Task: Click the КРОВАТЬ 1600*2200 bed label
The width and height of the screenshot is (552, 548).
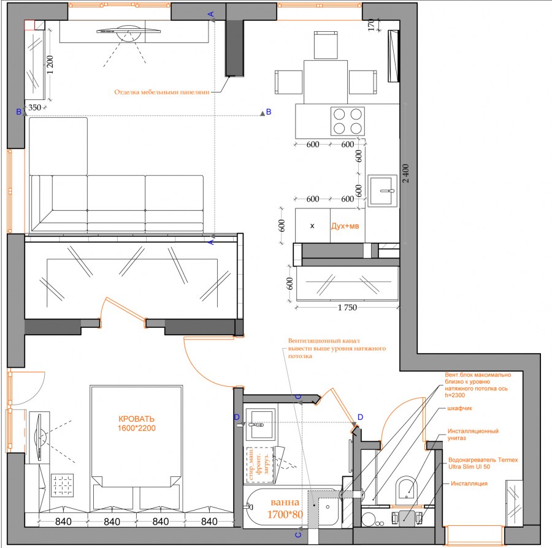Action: coord(137,424)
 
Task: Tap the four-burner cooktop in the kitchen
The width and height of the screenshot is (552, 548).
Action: coord(348,121)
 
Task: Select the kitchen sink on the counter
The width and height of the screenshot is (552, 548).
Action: coord(382,191)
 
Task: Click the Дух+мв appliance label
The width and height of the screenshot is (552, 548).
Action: coord(345,226)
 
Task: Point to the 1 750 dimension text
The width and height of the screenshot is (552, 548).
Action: coord(347,308)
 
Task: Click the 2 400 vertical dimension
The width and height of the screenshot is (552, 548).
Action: coord(406,173)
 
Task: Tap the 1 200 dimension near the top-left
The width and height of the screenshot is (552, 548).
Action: coord(50,65)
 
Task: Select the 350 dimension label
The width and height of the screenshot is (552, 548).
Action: coord(34,107)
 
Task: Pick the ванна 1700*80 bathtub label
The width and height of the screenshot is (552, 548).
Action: coord(285,508)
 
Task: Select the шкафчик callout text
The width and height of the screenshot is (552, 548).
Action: coord(459,408)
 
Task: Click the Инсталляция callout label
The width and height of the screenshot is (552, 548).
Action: coord(469,484)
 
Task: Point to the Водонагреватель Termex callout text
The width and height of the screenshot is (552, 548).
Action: coord(483,460)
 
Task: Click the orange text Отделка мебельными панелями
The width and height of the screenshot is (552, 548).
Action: coord(162,92)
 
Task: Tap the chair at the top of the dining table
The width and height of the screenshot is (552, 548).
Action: coord(326,45)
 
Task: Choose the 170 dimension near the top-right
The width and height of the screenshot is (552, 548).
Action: coord(371,25)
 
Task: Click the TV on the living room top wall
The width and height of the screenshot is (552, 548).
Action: coord(129,31)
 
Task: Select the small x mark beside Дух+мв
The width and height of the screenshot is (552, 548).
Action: coord(312,226)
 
